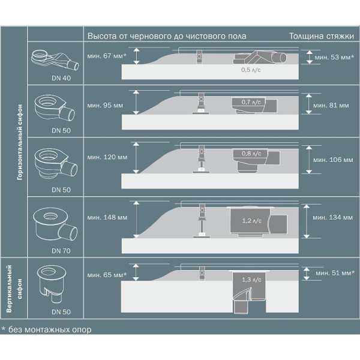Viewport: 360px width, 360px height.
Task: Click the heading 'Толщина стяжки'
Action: [321, 35]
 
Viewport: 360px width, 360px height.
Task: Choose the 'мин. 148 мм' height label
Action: [106, 216]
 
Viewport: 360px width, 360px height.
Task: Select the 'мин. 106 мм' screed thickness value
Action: [332, 160]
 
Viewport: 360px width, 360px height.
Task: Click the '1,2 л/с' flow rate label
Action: [248, 220]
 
